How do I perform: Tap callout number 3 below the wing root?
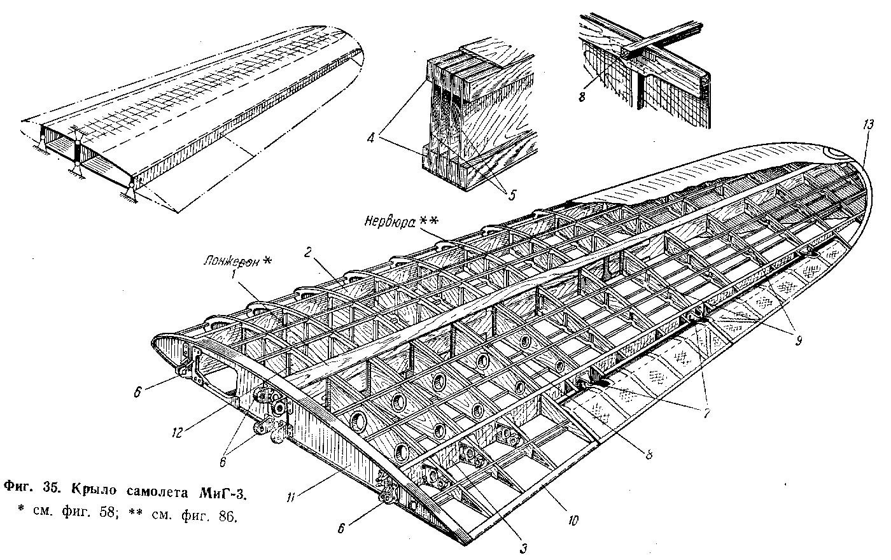523,546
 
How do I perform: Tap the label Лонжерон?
229,262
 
